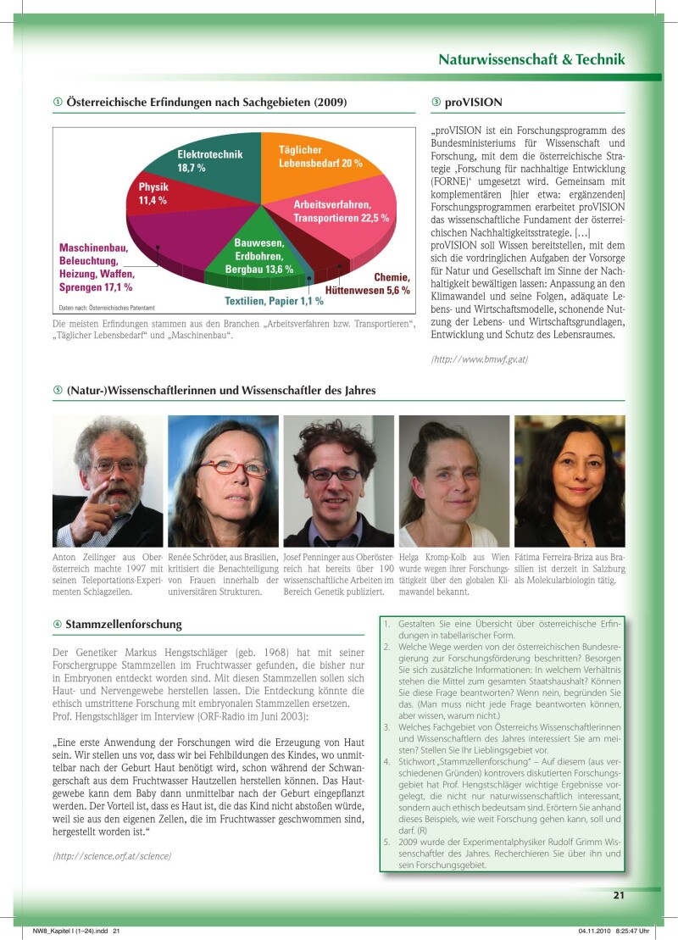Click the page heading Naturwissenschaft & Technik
coord(531,59)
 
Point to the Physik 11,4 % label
coord(153,194)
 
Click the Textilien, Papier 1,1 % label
coord(274,301)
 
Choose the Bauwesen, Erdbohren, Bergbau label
coord(258,256)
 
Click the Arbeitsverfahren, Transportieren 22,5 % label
coord(341,212)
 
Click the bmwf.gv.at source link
coord(480,359)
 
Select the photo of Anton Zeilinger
coord(108,481)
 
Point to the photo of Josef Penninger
coord(338,481)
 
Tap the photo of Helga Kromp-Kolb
coord(453,481)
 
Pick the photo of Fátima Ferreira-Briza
coord(569,481)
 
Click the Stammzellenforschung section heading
coord(123,625)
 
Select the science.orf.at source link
coord(112,856)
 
